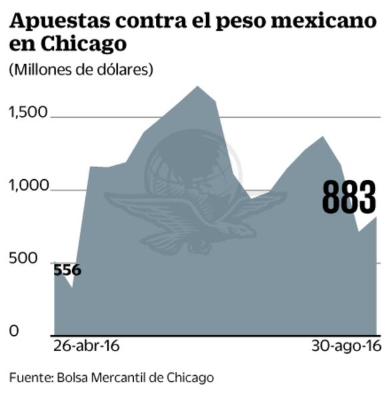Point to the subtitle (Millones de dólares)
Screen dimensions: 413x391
(81, 69)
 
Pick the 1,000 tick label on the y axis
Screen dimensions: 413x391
(29, 186)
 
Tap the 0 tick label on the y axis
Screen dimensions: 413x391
(13, 331)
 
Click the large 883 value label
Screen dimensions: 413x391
(349, 197)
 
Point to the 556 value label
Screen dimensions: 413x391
(67, 270)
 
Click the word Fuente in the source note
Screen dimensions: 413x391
(30, 378)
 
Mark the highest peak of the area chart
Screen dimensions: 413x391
(197, 87)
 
